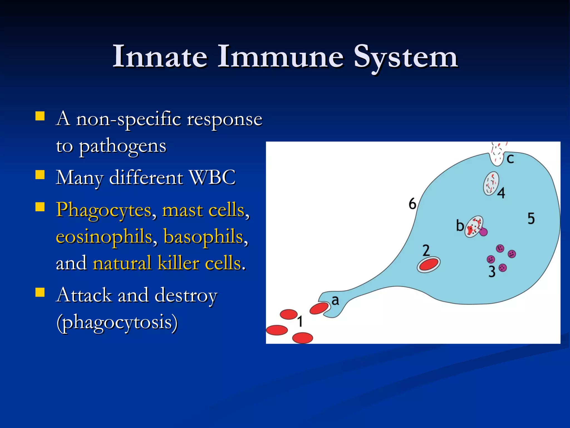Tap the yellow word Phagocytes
coord(104,210)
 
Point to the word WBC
coord(212,177)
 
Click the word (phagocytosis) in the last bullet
coord(117,322)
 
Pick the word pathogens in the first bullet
coord(122,146)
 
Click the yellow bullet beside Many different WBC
coord(40,175)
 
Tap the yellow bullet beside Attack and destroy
coord(40,292)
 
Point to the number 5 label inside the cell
coord(531,218)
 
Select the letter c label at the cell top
coord(510,159)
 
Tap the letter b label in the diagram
coord(460,225)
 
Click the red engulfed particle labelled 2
coord(429,264)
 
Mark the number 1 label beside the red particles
coord(300,321)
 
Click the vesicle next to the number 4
coord(491,183)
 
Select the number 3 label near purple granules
coord(492,271)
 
